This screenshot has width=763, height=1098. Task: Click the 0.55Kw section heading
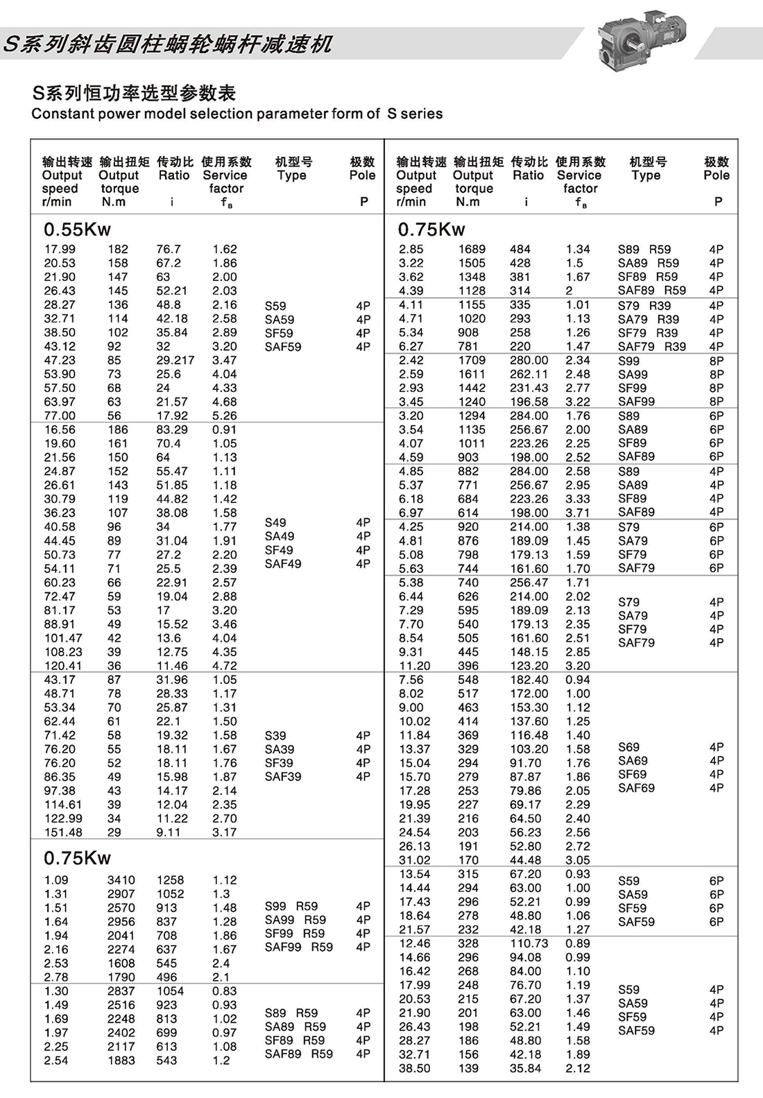77,230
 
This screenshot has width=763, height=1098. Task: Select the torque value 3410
121,880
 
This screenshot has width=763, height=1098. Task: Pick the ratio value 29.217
175,360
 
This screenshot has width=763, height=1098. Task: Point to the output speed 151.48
63,832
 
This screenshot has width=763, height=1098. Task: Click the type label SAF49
283,564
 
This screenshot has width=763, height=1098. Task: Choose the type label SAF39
283,777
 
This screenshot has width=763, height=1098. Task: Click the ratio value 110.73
529,943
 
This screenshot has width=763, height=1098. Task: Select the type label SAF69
636,788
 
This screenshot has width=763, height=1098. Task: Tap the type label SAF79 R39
652,346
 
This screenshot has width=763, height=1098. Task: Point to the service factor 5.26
225,415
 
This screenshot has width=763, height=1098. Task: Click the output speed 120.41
63,666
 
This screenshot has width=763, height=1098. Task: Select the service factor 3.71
578,513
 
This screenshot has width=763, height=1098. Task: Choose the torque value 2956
121,922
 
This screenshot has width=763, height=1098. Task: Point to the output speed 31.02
415,860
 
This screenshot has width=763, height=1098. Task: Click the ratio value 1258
170,880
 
